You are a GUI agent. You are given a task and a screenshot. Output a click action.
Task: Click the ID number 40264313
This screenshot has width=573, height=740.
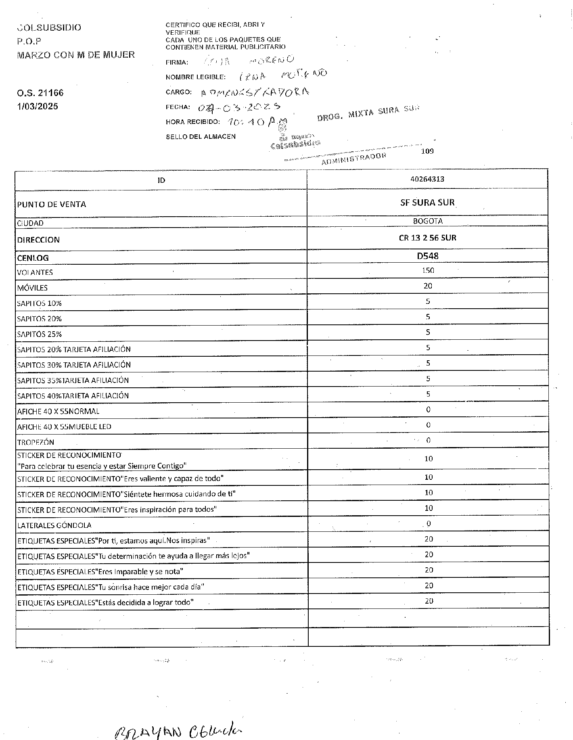[427, 179]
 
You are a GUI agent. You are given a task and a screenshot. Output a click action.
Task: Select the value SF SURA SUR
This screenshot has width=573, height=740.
[427, 203]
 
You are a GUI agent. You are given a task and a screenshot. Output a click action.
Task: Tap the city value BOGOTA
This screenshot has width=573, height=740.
[428, 221]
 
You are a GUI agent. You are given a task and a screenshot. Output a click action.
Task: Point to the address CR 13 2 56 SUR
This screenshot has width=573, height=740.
[427, 238]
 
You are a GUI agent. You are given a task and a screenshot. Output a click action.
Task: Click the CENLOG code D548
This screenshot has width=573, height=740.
[428, 256]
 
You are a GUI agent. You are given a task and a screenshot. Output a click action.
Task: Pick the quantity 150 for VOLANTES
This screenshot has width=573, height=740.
[428, 270]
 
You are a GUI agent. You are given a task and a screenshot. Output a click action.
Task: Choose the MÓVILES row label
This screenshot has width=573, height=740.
[32, 288]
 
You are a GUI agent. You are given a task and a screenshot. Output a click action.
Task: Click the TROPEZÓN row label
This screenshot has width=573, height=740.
[36, 442]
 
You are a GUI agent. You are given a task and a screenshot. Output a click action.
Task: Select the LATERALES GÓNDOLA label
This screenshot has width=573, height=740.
[54, 525]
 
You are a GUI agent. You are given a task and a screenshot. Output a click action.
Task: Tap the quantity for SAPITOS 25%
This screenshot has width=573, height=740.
[428, 332]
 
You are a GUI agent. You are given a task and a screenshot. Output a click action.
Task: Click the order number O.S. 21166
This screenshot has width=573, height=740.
[40, 93]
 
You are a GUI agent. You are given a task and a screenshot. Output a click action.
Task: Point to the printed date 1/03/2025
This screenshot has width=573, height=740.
[38, 107]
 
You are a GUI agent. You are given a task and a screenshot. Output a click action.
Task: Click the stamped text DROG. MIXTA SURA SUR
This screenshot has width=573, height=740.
[368, 113]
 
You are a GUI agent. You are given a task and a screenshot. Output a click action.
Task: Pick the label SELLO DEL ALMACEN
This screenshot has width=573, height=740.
[201, 137]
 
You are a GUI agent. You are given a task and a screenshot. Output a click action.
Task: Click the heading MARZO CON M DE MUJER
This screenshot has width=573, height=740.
[76, 55]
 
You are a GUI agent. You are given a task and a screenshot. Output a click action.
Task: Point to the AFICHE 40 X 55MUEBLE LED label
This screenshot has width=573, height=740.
[64, 426]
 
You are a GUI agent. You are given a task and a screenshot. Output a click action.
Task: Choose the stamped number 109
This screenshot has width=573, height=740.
[427, 151]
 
